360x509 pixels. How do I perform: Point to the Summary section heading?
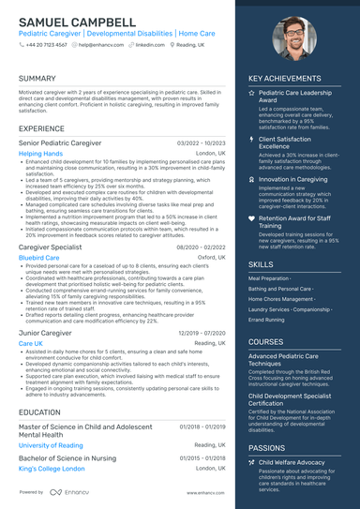(x=37, y=79)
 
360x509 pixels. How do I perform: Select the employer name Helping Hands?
(x=40, y=153)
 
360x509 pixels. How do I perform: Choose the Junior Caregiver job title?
(x=45, y=333)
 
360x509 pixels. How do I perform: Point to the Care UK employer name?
(x=30, y=344)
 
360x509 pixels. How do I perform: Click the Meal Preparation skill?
(x=270, y=278)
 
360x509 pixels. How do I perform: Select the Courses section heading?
(x=265, y=342)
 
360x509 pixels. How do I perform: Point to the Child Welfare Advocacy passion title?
(x=293, y=462)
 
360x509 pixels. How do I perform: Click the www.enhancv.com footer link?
(x=204, y=492)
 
